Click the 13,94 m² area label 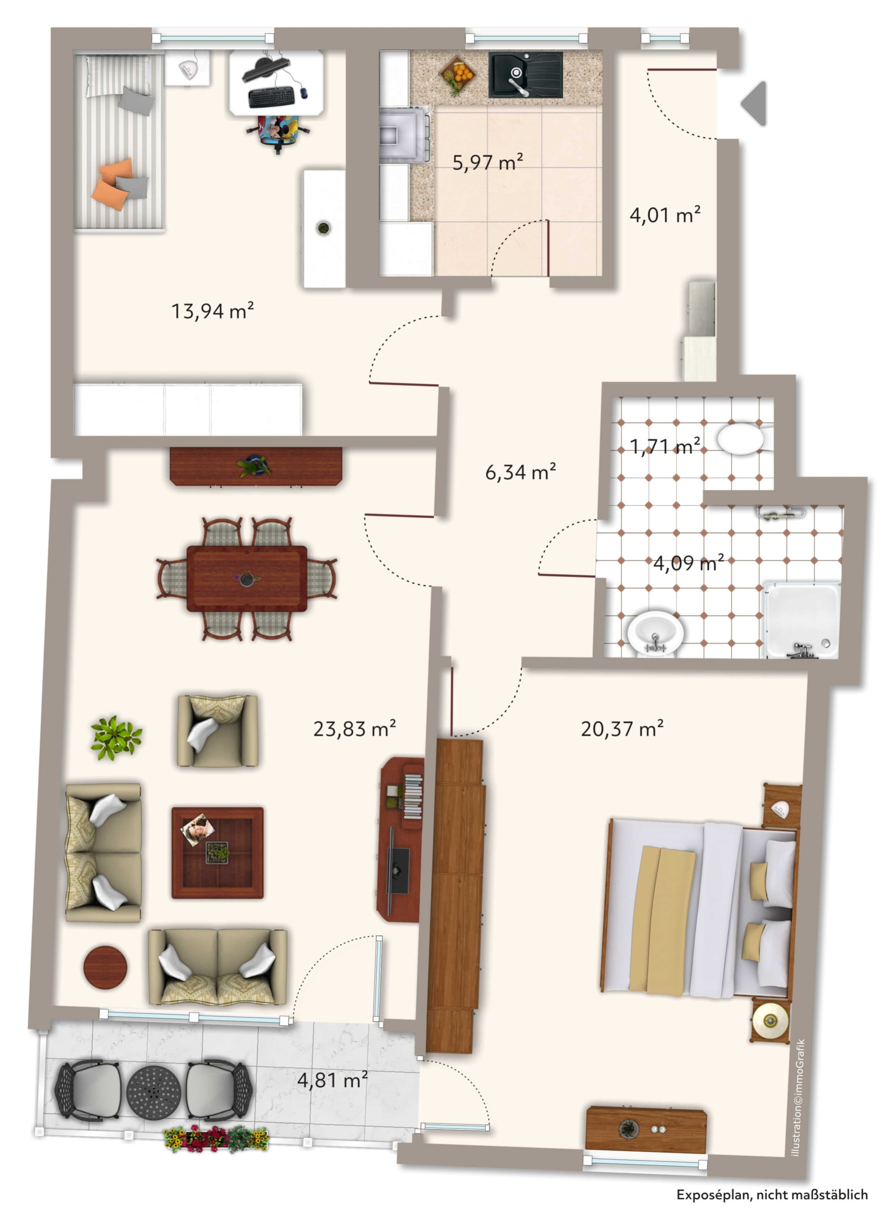pyautogui.click(x=213, y=311)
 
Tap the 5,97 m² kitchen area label pyautogui.click(x=488, y=162)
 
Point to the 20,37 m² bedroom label pyautogui.click(x=622, y=729)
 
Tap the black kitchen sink pyautogui.click(x=525, y=75)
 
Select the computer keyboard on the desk pyautogui.click(x=272, y=97)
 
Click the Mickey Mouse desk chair pyautogui.click(x=279, y=132)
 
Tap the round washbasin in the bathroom pyautogui.click(x=655, y=634)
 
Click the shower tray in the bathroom pyautogui.click(x=802, y=620)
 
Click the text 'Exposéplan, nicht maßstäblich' pyautogui.click(x=772, y=1195)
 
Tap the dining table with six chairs pyautogui.click(x=247, y=579)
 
